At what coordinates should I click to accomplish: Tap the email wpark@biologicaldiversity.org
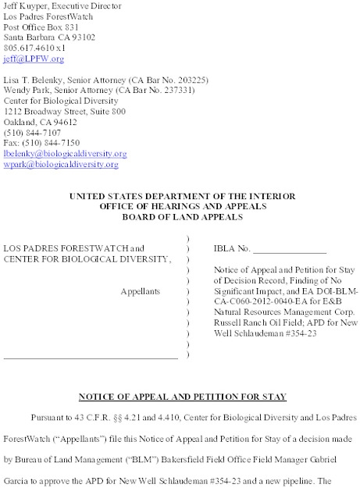[x=60, y=166]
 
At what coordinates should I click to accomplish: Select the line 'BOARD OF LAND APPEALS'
[x=180, y=206]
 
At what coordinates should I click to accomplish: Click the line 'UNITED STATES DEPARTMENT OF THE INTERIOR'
[x=180, y=184]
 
